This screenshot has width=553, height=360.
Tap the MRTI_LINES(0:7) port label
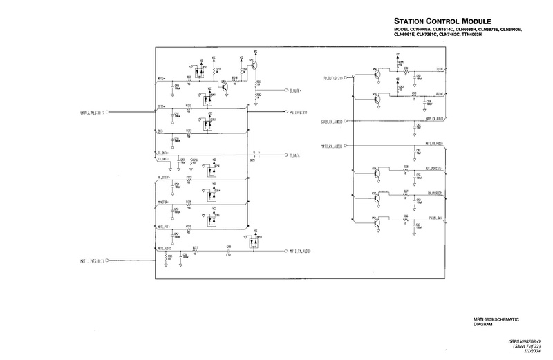91,260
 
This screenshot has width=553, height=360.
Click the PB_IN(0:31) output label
303,111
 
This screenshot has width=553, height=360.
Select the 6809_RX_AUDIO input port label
332,122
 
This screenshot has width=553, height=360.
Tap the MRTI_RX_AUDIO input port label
332,146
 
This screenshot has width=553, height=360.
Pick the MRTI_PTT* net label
165,226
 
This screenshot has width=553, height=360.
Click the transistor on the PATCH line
376,222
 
